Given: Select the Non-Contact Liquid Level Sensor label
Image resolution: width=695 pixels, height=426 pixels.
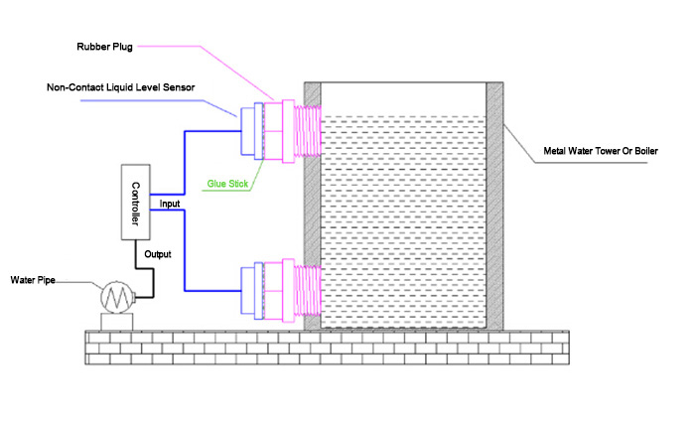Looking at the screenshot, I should coord(121,87).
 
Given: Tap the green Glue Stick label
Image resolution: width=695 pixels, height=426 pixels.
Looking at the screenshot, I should coord(225,183).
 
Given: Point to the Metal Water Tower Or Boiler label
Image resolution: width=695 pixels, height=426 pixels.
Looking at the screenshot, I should coord(601,152).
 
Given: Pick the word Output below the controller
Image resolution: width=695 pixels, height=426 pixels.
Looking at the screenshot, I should coord(159,254).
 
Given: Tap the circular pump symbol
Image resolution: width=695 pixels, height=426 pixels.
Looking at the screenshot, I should coord(118,297).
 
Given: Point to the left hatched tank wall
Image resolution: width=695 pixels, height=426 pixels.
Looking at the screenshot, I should coord(311,209).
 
